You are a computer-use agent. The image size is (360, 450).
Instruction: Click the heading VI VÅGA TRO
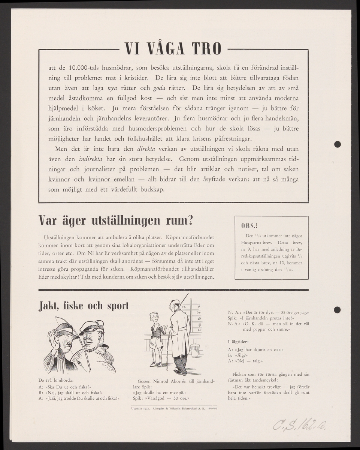pyautogui.click(x=173, y=49)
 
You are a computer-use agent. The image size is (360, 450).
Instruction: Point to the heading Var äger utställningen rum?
pyautogui.click(x=116, y=221)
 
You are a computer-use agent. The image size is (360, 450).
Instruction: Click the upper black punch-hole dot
pyautogui.click(x=337, y=144)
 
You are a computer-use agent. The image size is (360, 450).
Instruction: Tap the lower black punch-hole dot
pyautogui.click(x=337, y=309)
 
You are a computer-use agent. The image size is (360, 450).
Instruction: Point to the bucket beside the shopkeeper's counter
pyautogui.click(x=195, y=351)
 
